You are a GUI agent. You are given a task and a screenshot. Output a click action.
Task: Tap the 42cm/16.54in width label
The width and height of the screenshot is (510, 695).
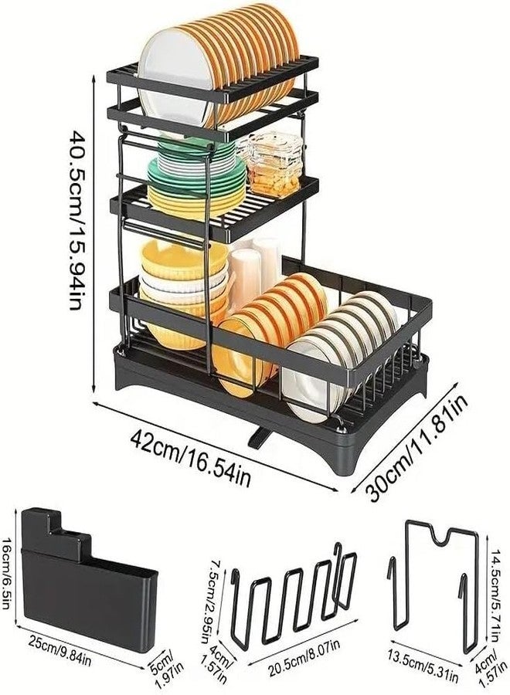(191, 458)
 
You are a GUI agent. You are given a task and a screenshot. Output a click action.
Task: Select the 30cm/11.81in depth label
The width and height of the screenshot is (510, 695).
(416, 448)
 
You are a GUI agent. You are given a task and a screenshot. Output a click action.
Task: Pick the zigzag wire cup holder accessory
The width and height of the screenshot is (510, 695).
(294, 595)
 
